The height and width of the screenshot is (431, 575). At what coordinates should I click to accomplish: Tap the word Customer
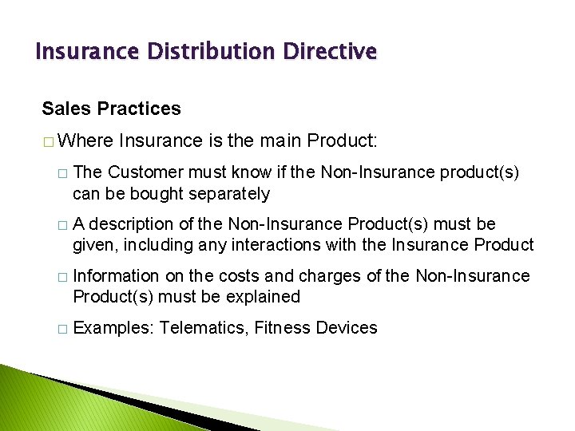click(x=145, y=172)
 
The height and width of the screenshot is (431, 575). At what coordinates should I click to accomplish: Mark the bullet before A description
click(x=62, y=224)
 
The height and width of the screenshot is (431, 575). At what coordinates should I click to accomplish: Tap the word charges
click(x=331, y=275)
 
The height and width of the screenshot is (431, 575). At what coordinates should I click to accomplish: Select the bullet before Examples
click(x=62, y=328)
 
